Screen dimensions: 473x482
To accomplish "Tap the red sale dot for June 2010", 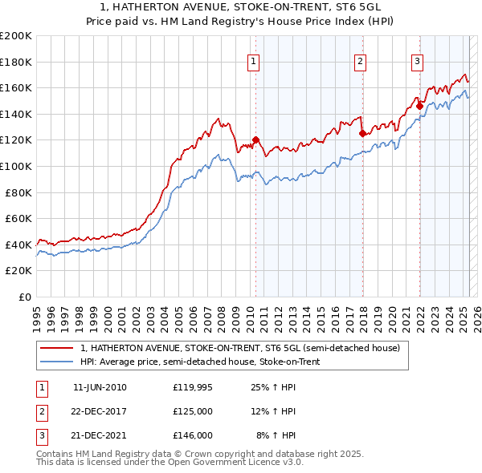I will coord(255,140).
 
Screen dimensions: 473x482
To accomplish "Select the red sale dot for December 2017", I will coord(362,134).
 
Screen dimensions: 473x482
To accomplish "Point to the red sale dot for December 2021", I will coord(419,106).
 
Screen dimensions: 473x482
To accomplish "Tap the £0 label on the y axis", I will coord(24,297).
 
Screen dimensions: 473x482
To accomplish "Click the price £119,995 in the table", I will coord(192,387).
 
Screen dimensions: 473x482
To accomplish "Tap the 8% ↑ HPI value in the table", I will coord(276,435).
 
